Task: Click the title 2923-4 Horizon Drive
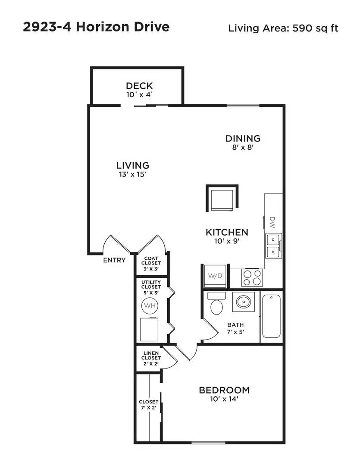(96, 27)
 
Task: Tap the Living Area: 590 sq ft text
(283, 28)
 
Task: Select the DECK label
(139, 86)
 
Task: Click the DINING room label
(243, 139)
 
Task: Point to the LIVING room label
(132, 165)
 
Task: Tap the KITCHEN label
(226, 232)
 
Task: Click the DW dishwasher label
(272, 223)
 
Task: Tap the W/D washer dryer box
(215, 276)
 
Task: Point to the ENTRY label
(114, 260)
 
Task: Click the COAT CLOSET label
(151, 263)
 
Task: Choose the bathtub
(271, 316)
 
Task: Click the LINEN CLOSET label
(151, 358)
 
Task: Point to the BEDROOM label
(224, 390)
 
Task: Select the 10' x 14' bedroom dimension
(224, 400)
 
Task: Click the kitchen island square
(222, 198)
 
